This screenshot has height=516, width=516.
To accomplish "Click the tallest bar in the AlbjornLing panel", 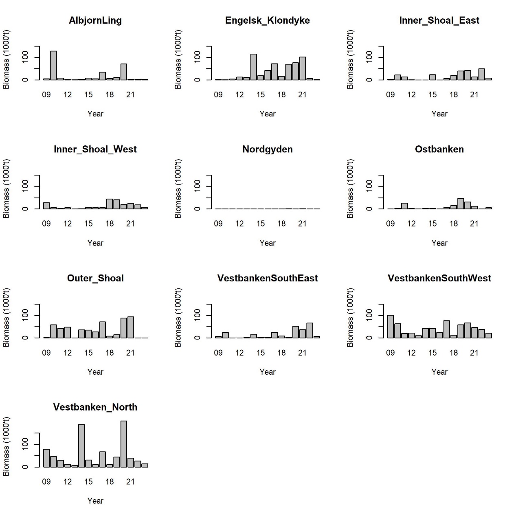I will point(53,66).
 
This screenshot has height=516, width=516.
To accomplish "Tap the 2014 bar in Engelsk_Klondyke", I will point(253,67).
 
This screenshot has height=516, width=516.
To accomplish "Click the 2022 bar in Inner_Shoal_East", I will point(481,75).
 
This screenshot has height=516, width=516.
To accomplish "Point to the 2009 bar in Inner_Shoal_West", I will point(46,206).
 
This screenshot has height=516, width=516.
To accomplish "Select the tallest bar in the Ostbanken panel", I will point(461,204).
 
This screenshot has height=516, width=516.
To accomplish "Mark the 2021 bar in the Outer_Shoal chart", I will point(130,327).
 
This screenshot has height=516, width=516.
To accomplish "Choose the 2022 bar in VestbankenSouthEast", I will point(310,330).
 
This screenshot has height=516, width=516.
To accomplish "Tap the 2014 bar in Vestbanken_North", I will point(81,446).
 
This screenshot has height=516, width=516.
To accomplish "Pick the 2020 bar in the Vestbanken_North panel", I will point(123,444).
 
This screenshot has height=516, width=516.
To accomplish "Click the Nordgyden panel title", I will point(267,149).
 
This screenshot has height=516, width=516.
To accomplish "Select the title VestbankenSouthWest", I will point(439,279).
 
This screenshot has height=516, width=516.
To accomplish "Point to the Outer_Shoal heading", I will point(95,279).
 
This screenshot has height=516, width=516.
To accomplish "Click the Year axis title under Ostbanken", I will point(439,243).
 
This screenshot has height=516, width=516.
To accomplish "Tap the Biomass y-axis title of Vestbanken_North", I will point(6,446).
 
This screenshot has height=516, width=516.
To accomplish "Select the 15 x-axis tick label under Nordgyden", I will point(260,224).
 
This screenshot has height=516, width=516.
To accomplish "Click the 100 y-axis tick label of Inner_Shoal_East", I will point(369,57).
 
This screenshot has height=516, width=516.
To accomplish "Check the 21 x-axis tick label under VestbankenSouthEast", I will point(302,353).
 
